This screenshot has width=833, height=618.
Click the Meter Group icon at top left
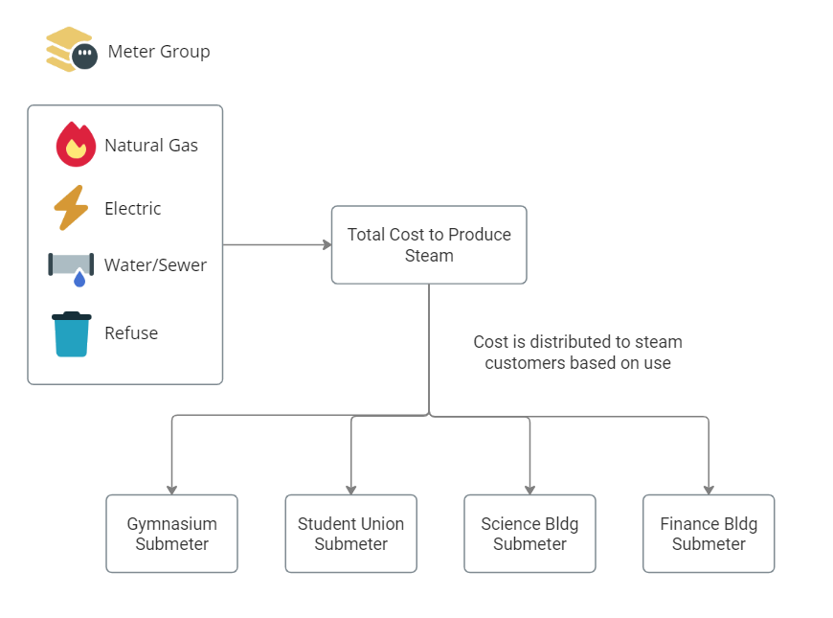tap(70, 49)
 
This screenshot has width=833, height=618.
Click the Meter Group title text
tap(159, 52)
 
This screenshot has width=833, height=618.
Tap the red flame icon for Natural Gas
tap(76, 145)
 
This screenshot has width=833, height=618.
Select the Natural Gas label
tap(151, 146)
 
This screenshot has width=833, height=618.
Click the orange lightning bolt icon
tap(71, 208)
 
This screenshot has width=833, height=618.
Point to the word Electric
tap(133, 209)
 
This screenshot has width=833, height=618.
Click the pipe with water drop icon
tap(72, 268)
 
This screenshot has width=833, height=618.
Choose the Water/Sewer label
tap(155, 265)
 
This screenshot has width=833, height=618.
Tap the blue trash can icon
tap(72, 333)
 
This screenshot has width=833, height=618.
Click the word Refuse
tap(131, 333)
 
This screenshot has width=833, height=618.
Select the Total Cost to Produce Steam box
tap(429, 244)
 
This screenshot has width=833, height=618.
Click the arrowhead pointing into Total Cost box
tap(326, 244)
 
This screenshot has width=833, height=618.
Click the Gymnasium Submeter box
tap(171, 534)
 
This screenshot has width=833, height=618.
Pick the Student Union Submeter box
tap(350, 534)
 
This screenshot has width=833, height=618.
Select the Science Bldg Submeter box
tap(529, 534)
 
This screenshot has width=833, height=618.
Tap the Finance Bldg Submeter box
tap(709, 534)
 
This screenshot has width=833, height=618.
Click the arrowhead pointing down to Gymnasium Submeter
tap(171, 489)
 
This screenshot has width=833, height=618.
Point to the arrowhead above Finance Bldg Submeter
tap(709, 489)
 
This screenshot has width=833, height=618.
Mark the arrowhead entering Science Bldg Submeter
tap(529, 489)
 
